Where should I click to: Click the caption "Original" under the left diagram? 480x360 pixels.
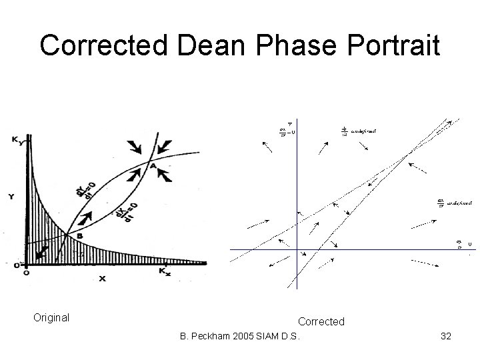tap(51, 317)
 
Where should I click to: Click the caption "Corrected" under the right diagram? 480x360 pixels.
tap(321, 322)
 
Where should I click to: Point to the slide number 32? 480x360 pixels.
tap(445, 337)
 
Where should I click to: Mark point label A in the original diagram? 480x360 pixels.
tap(153, 165)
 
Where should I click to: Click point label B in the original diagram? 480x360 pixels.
tap(79, 235)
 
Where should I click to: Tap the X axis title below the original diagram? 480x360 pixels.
tap(101, 279)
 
